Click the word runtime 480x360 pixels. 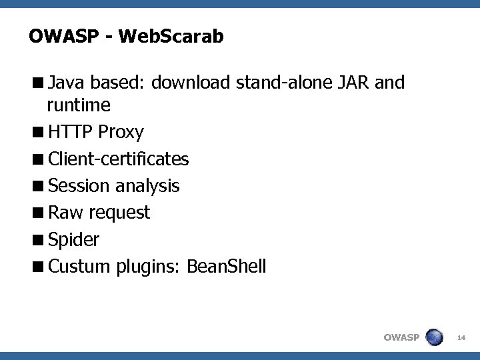tap(79, 105)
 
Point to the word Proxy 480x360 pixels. tap(121, 133)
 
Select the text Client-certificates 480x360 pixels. tap(119, 159)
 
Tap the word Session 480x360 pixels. tap(80, 186)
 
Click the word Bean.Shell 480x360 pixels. tap(227, 267)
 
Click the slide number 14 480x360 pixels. tap(461, 337)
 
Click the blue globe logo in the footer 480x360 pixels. tap(434, 337)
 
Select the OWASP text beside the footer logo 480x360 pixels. tap(401, 337)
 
